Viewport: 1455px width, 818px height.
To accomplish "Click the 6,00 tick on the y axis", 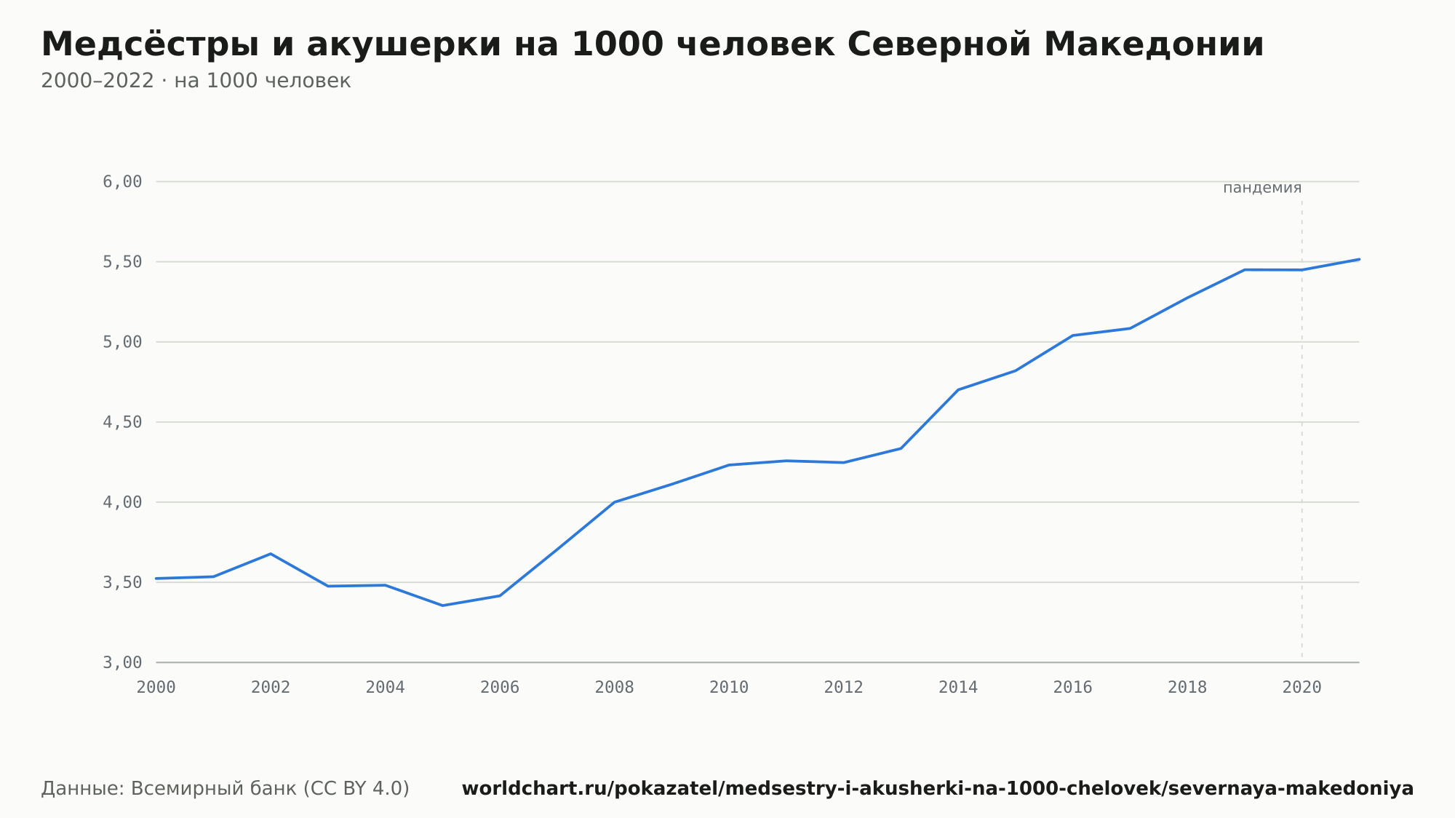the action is (122, 182).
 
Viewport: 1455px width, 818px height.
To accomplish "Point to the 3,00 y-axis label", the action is (122, 663).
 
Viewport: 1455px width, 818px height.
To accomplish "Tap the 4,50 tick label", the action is (122, 423).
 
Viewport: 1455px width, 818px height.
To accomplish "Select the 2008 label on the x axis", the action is (615, 688).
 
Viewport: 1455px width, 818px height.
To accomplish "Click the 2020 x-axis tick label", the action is (1302, 688).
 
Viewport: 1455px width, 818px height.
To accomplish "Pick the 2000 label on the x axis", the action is (156, 688).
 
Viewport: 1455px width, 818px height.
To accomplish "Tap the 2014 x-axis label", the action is (958, 688).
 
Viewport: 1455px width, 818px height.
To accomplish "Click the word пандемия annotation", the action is (1262, 188).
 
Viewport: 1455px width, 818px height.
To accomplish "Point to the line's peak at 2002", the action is (271, 554).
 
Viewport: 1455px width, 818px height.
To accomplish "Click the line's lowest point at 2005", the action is (442, 605).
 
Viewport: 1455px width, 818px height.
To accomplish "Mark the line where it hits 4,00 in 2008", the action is (615, 502).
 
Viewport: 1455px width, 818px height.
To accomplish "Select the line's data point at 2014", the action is (958, 390).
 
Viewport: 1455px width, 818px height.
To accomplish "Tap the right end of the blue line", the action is (1359, 259).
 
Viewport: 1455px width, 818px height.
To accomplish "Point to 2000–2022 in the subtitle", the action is (97, 81).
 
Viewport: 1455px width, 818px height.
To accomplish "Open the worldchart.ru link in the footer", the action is (938, 789).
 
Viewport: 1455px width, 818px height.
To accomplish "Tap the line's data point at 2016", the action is (1073, 335).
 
